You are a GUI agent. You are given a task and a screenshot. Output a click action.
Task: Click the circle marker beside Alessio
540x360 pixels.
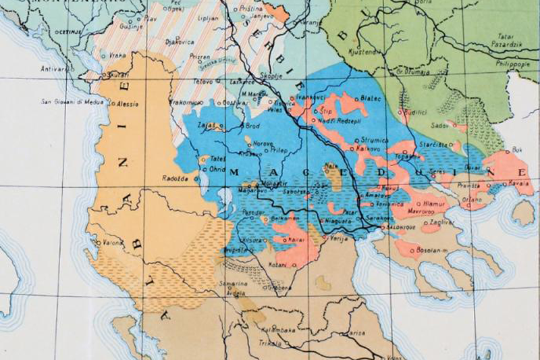tap(114, 105)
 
